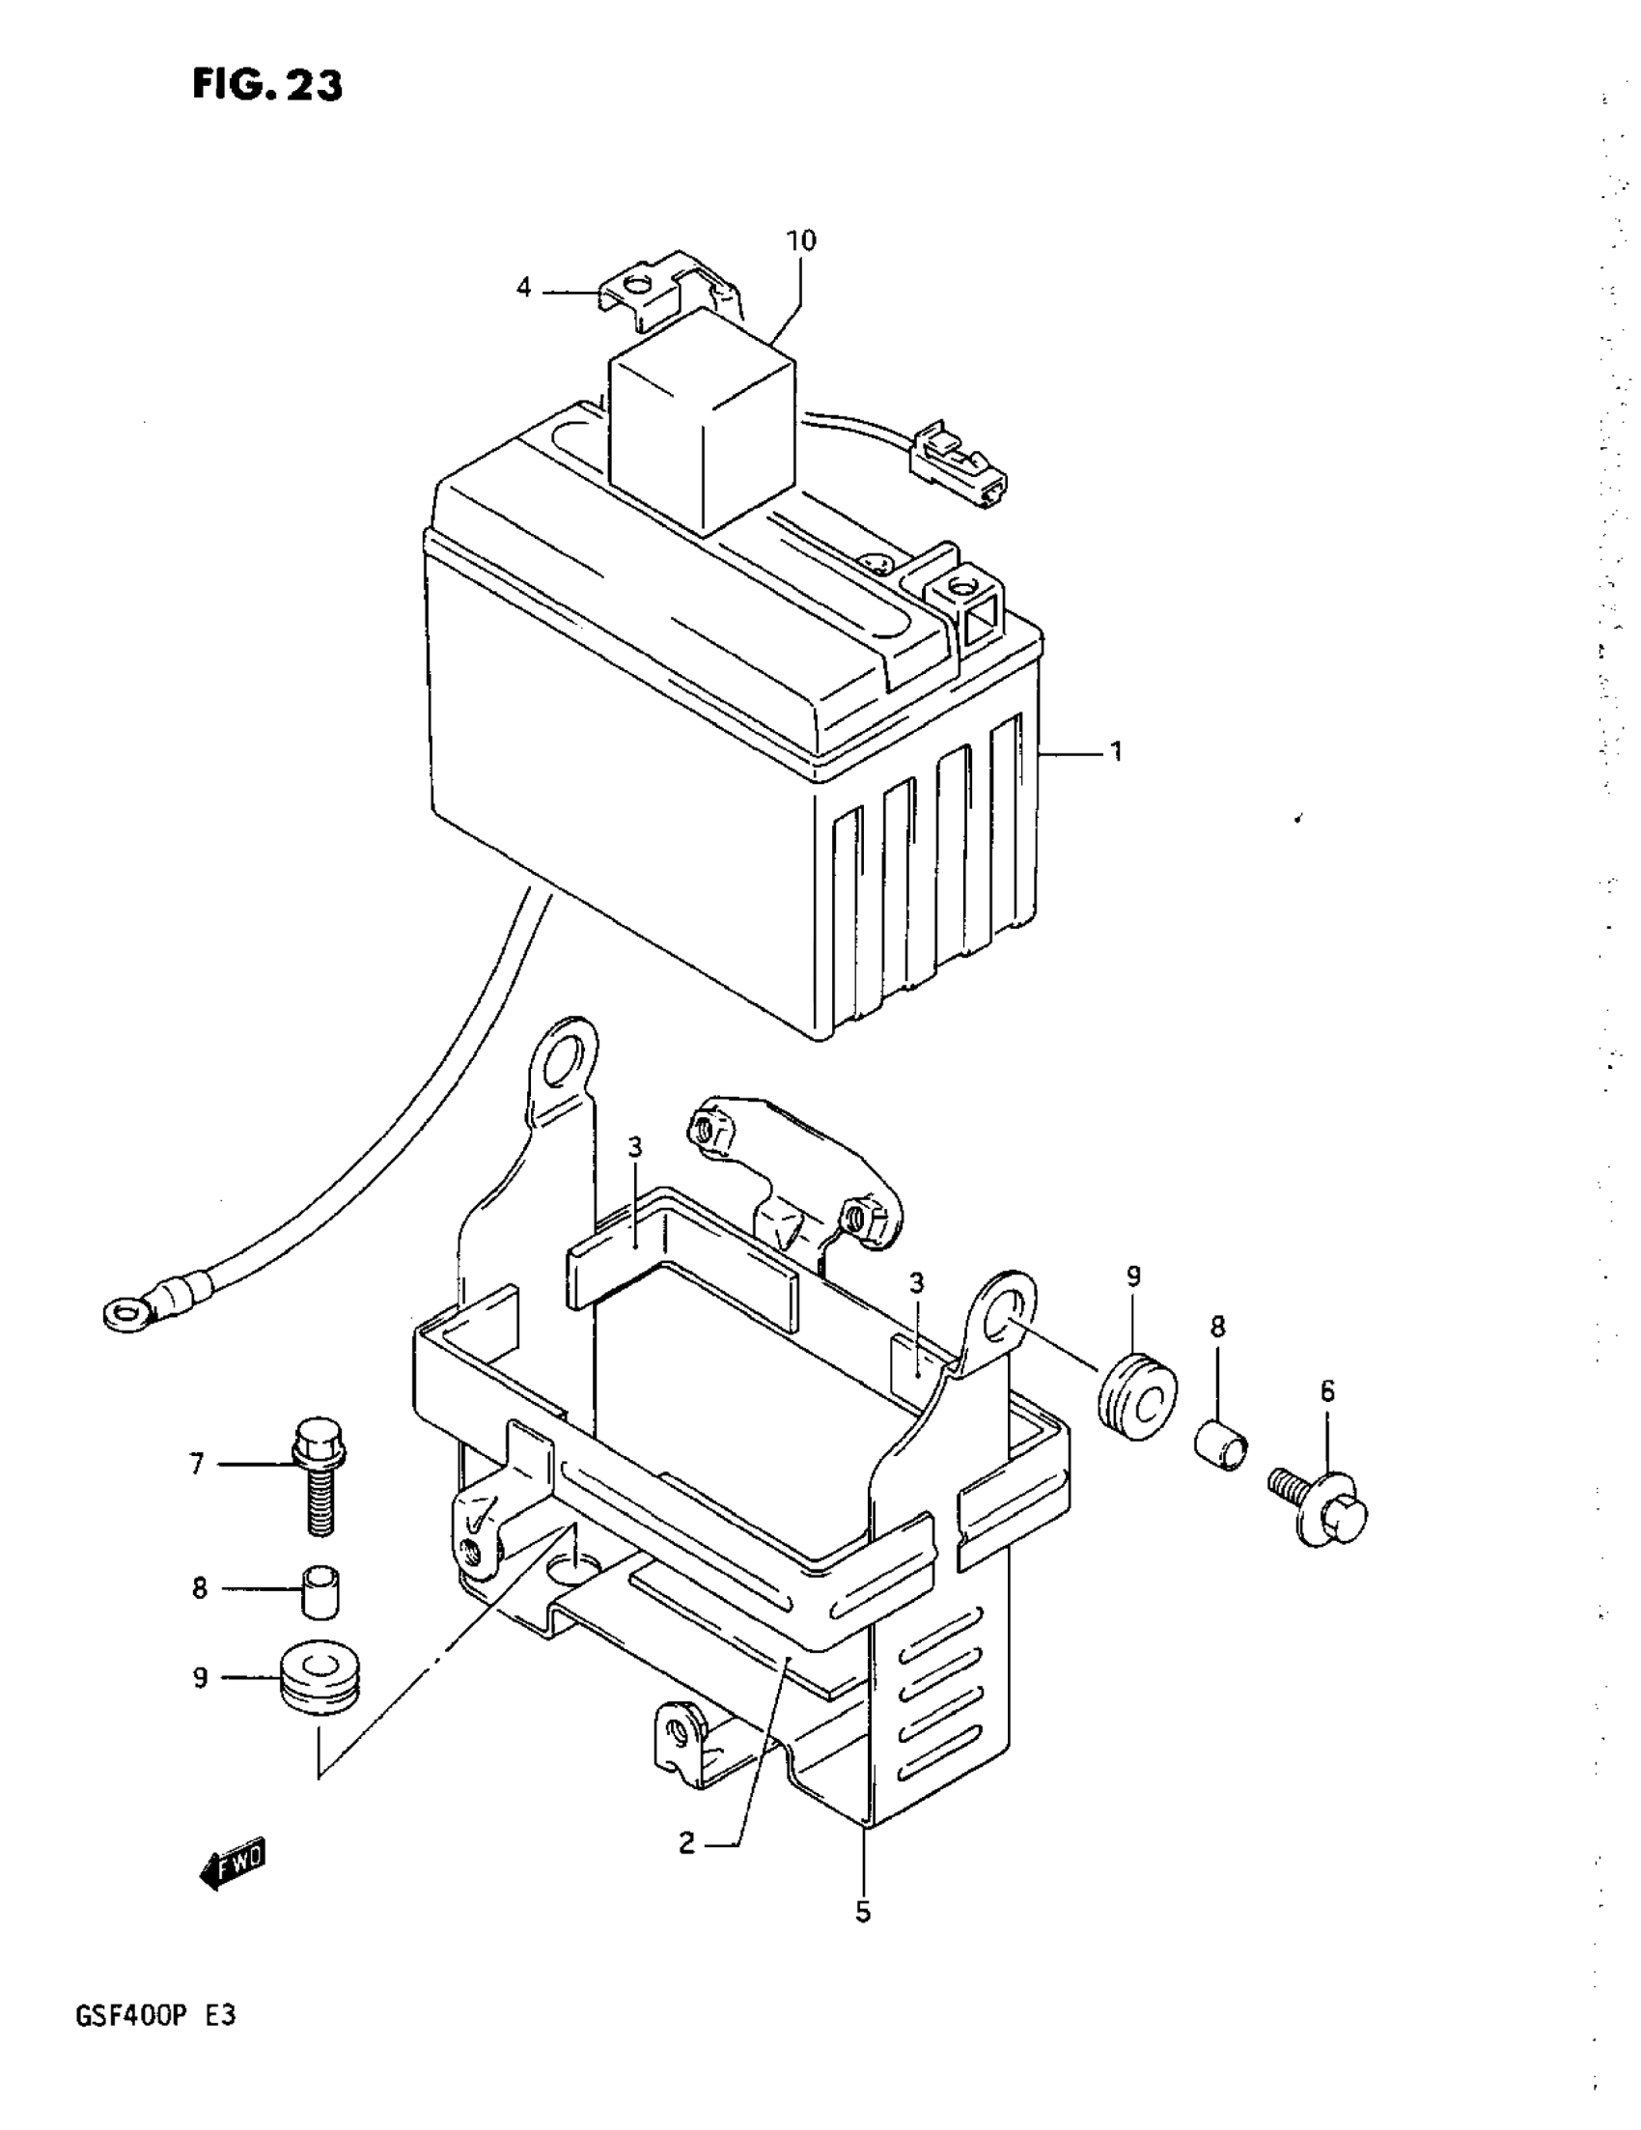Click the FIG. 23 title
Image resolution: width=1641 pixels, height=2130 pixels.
tap(267, 86)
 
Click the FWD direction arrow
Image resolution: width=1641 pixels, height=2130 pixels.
tap(232, 1868)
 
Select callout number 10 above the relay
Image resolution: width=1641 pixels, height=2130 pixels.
tap(801, 239)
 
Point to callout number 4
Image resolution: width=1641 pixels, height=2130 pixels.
tap(524, 288)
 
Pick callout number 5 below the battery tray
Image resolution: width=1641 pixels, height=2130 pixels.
tap(863, 1913)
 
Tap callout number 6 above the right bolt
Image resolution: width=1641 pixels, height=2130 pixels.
tap(1328, 1391)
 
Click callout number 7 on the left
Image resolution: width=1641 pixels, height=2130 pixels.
tap(197, 1464)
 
